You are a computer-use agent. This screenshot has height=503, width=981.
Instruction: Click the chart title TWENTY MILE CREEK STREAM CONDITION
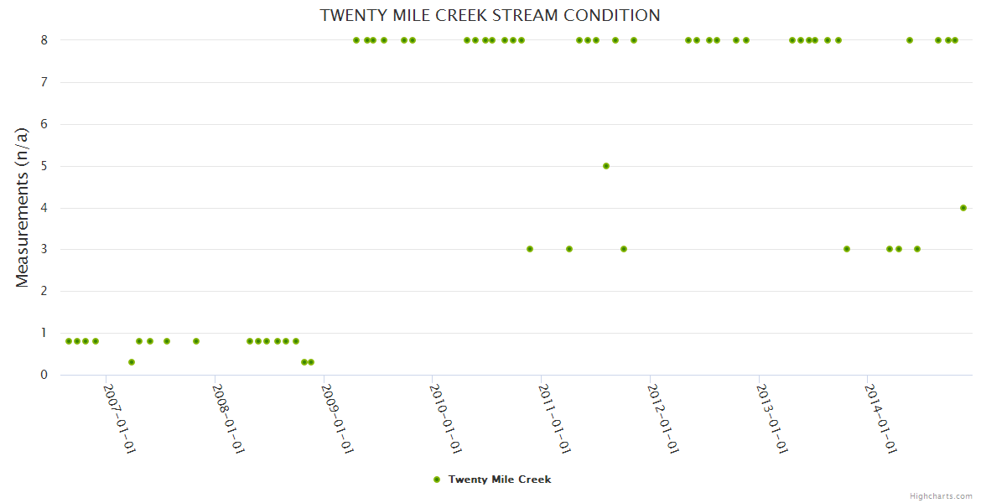tap(490, 16)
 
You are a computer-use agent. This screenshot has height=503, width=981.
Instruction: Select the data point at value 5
tap(606, 166)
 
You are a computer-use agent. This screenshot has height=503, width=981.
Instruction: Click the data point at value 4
tap(963, 208)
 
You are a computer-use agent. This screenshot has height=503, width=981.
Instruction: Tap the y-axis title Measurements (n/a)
tap(23, 207)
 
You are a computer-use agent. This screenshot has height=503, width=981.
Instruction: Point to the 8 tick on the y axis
tap(44, 40)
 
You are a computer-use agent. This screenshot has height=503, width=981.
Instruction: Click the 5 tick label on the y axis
tap(44, 166)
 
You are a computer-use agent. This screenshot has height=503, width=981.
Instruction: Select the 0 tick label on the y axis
tap(44, 375)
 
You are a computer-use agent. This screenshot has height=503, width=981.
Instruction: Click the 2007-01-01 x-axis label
tap(120, 418)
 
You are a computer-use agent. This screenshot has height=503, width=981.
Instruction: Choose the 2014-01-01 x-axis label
tap(881, 418)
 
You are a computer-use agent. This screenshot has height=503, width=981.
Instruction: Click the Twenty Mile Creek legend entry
tap(499, 480)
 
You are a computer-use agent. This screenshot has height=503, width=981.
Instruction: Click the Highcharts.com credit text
tap(941, 496)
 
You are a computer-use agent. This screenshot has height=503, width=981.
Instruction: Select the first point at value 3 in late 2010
tap(530, 249)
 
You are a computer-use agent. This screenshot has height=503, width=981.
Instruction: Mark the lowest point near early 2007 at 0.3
tap(132, 362)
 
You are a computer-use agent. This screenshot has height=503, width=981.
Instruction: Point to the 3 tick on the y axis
tap(44, 249)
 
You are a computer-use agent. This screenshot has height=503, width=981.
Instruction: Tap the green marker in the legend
tap(436, 480)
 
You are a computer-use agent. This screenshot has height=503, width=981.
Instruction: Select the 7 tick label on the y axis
tap(44, 82)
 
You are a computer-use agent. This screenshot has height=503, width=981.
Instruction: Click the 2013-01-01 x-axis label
tap(772, 418)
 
